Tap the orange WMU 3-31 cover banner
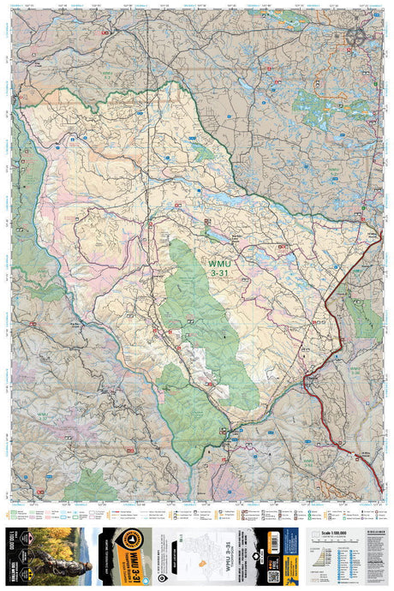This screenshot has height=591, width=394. [x=131, y=555]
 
